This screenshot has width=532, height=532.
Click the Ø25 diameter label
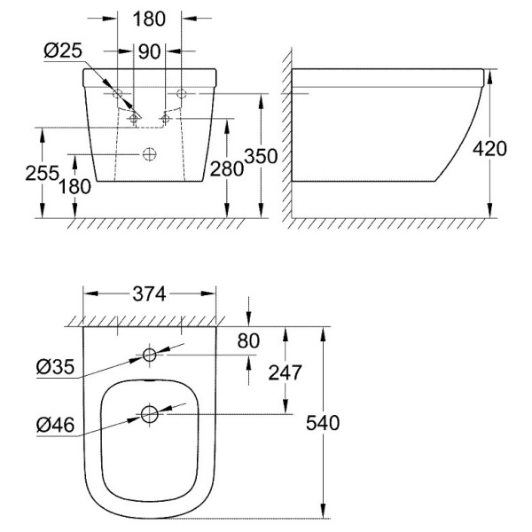[63, 51]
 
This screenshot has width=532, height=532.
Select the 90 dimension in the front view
[149, 51]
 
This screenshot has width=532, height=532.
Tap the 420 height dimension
[489, 149]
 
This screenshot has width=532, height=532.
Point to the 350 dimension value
[261, 156]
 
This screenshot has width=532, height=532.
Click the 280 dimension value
[227, 168]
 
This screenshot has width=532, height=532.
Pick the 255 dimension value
[43, 173]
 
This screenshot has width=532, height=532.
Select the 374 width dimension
[149, 293]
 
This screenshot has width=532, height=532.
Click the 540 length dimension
[323, 423]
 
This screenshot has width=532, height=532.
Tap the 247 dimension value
[285, 372]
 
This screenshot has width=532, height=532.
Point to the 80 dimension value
[248, 340]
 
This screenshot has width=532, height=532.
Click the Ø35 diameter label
[55, 367]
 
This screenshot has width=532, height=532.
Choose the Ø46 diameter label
[55, 425]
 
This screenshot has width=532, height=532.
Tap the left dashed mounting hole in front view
[117, 93]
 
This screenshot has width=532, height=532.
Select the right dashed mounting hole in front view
[182, 93]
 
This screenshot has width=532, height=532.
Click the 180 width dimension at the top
[149, 19]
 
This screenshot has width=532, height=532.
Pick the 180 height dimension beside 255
[75, 186]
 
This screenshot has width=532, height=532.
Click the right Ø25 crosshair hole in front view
[166, 119]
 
